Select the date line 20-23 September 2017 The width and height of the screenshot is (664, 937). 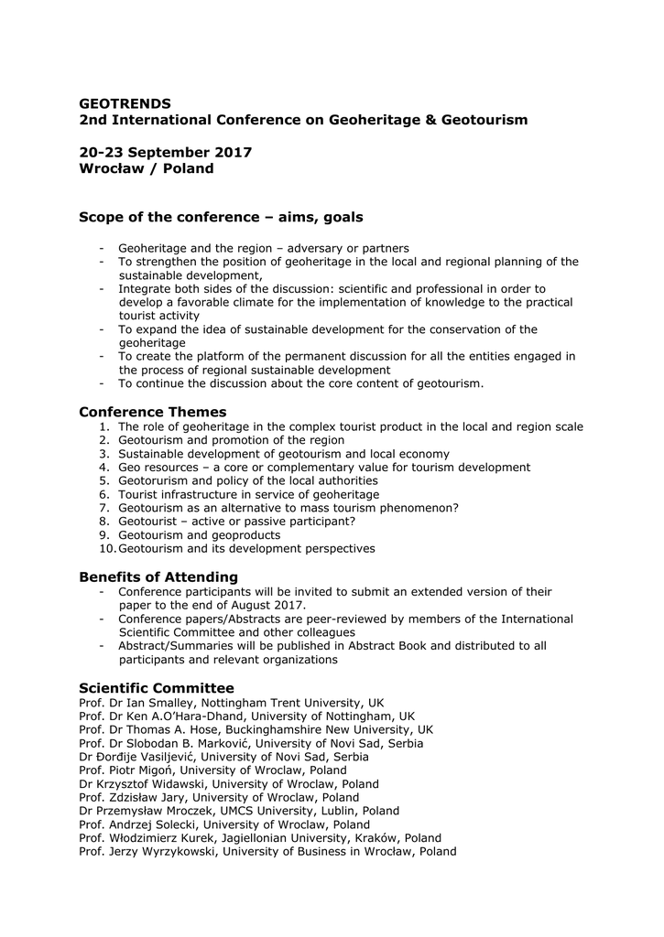coord(165,152)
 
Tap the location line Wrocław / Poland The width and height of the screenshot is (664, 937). coord(146,168)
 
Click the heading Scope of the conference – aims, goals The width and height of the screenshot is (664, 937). coord(221,217)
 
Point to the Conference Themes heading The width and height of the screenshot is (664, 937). coord(152,412)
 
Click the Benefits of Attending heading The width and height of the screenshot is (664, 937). coord(158,576)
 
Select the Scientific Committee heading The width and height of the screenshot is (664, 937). coord(156,688)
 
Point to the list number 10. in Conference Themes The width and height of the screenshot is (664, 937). coord(105,549)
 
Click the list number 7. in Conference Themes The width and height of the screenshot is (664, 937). coord(104,508)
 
